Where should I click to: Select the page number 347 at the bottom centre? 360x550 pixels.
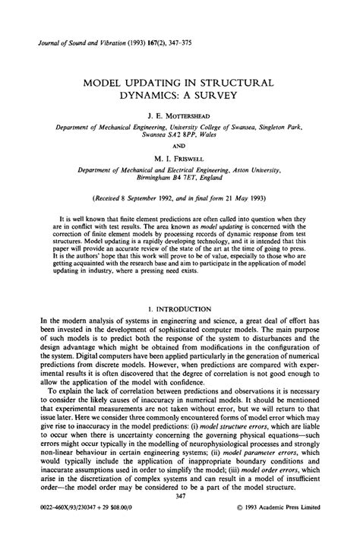click(180, 517)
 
